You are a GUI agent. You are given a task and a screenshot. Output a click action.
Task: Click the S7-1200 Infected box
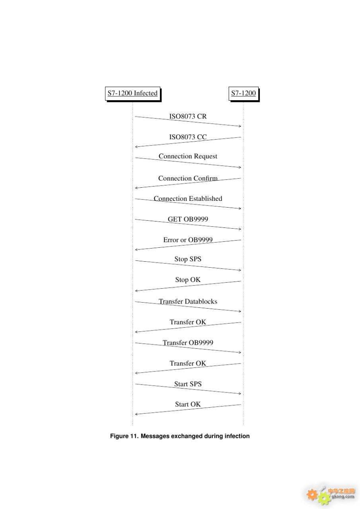pyautogui.click(x=133, y=93)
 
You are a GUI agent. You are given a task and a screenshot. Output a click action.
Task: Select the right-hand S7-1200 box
pyautogui.click(x=243, y=93)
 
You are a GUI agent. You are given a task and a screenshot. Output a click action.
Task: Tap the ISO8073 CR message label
pyautogui.click(x=188, y=117)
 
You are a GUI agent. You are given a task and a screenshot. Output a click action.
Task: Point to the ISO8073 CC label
pyautogui.click(x=188, y=137)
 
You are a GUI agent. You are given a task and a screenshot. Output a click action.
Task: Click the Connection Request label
pyautogui.click(x=188, y=156)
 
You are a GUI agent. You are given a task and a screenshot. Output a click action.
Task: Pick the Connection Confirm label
pyautogui.click(x=188, y=179)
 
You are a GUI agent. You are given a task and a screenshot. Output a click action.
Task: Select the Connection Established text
pyautogui.click(x=188, y=198)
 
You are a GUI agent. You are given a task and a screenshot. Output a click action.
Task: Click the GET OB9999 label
pyautogui.click(x=188, y=219)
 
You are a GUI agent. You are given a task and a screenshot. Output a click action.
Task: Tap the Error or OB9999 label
pyautogui.click(x=188, y=240)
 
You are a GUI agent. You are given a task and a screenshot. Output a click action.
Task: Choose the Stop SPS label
pyautogui.click(x=188, y=259)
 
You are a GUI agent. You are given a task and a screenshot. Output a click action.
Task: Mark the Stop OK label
pyautogui.click(x=188, y=280)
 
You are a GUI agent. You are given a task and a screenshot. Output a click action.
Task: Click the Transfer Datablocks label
pyautogui.click(x=188, y=301)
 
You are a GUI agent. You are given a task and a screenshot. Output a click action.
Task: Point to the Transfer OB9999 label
pyautogui.click(x=188, y=343)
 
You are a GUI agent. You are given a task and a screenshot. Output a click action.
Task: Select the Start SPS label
pyautogui.click(x=188, y=384)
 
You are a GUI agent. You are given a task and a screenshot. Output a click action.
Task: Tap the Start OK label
pyautogui.click(x=188, y=404)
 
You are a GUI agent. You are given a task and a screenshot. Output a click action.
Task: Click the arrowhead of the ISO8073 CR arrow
pyautogui.click(x=240, y=126)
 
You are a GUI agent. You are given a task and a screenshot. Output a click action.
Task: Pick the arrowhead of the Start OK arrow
pyautogui.click(x=136, y=414)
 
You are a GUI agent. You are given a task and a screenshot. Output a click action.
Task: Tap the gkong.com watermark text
pyautogui.click(x=343, y=496)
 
